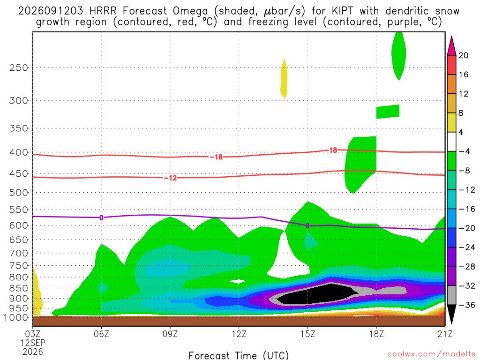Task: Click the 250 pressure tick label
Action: [x=19, y=67]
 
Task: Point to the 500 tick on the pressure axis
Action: [x=19, y=193]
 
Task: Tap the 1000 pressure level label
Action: [x=16, y=318]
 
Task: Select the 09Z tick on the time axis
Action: [x=170, y=334]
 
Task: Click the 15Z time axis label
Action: [x=307, y=334]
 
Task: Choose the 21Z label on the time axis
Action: [x=445, y=334]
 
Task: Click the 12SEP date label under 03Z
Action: [x=33, y=343]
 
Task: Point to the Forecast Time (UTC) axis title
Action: [x=239, y=355]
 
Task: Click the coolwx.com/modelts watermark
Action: [x=431, y=354]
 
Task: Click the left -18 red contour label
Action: [x=217, y=157]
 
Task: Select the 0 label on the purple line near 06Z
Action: [x=101, y=217]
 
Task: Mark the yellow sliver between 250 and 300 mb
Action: [x=284, y=79]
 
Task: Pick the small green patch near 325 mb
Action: [x=388, y=112]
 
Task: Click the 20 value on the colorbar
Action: [x=464, y=55]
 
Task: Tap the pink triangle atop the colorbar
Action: [x=451, y=46]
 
